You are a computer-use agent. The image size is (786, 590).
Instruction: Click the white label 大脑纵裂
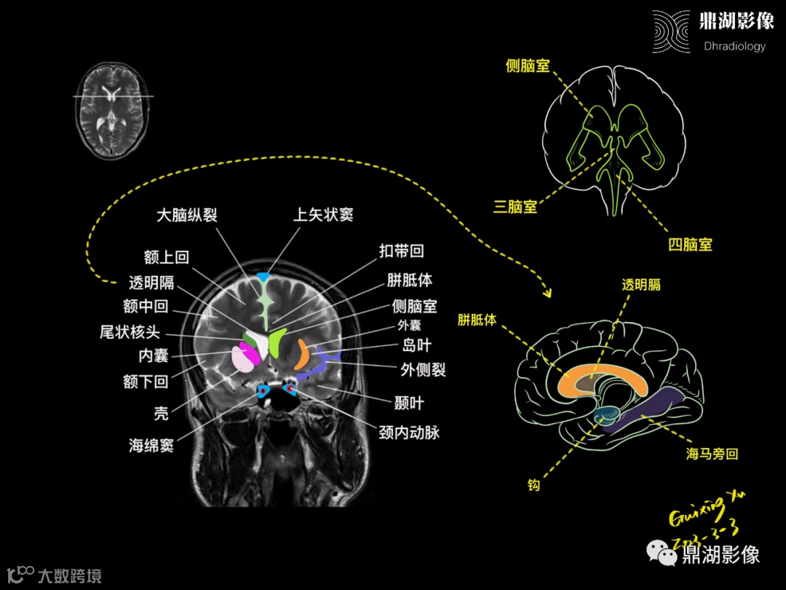(187, 215)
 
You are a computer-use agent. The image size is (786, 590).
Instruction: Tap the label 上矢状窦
(323, 215)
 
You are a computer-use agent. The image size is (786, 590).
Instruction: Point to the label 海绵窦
(151, 445)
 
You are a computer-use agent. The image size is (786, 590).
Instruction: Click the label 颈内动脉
(409, 432)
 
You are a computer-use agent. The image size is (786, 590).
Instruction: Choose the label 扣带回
(401, 252)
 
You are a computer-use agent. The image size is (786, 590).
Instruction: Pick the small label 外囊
(408, 326)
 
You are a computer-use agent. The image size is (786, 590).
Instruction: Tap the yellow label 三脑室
(515, 207)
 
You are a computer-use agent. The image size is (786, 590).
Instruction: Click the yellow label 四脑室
(690, 245)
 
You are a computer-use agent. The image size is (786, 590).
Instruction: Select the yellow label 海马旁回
(712, 454)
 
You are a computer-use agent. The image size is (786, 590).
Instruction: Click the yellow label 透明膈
(641, 285)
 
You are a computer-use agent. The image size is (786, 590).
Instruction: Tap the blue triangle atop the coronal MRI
(263, 277)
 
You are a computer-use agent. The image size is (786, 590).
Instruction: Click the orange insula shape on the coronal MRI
(301, 354)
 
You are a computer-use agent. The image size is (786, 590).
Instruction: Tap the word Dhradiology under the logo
(734, 47)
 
